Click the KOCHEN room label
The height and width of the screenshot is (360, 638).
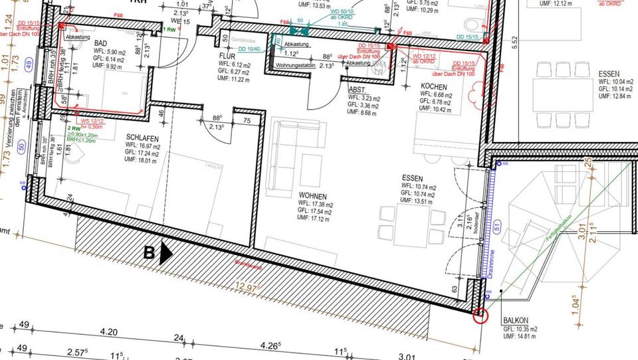(435, 86)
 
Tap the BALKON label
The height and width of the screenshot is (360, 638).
(516, 320)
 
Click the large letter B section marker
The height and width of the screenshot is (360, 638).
(150, 252)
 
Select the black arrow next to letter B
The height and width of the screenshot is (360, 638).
(166, 253)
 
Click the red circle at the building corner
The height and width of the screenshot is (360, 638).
(480, 316)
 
